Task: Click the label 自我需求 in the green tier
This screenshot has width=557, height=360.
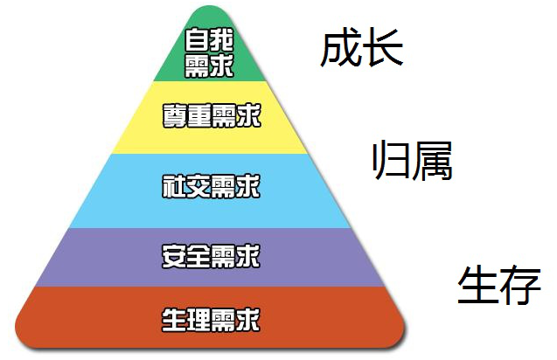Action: (x=209, y=52)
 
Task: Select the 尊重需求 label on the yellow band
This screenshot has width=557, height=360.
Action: (x=212, y=115)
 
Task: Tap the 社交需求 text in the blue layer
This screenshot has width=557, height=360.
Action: (x=212, y=186)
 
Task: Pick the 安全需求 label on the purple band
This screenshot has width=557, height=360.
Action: (x=212, y=256)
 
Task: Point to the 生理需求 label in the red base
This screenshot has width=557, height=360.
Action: (x=212, y=320)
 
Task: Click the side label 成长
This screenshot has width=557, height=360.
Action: (x=362, y=48)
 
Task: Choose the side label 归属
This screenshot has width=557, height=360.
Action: (x=412, y=160)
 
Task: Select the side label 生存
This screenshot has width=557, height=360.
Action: (x=499, y=285)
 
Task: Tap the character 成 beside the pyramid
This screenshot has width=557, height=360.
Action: (x=341, y=48)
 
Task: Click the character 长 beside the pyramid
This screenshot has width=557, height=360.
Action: (x=383, y=48)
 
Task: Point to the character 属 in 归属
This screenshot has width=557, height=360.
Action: (x=433, y=160)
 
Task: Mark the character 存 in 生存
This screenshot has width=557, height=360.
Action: (x=521, y=285)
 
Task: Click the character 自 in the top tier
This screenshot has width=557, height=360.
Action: (x=197, y=40)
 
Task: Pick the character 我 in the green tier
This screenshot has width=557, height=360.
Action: (x=221, y=40)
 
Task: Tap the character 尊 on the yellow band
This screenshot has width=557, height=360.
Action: (x=174, y=115)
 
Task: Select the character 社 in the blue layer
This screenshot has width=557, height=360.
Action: (x=174, y=186)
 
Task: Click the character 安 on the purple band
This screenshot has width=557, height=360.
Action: (x=174, y=256)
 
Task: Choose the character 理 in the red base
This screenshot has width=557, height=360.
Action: (x=199, y=320)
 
